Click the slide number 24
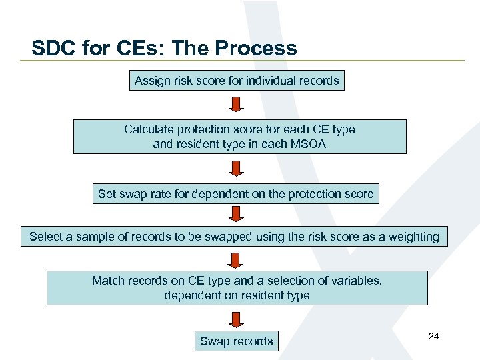coord(433,336)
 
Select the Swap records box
coord(237,341)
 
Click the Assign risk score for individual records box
coord(237,81)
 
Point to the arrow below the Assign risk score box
coord(237,104)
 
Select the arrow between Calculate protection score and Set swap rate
coord(237,169)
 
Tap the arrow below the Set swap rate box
coord(237,213)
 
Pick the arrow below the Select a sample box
coord(237,256)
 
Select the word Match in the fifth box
coord(108,281)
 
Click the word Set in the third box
coord(107,194)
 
